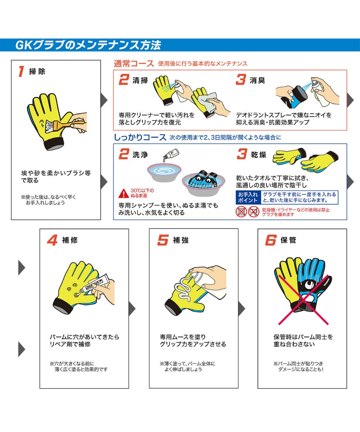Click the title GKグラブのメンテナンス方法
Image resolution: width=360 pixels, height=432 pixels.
point(88,45)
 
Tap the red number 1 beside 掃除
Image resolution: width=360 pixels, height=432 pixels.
point(21,71)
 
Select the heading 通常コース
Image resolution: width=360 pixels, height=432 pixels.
point(134,64)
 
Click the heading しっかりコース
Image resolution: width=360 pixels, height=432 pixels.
point(140,137)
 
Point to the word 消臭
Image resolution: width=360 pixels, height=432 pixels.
point(257,80)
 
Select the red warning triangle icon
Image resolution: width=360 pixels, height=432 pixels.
point(124,193)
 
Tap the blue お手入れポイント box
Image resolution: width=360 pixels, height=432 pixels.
point(248,197)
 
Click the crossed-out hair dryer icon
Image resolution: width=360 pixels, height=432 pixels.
point(254,211)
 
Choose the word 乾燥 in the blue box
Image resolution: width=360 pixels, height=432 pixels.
point(258,155)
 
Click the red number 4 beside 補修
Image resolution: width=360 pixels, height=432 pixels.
point(52,240)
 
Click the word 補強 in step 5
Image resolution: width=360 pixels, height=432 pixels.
point(181,240)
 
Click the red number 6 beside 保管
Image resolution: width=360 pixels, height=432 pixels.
point(271,240)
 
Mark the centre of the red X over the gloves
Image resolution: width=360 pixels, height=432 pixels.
point(304,299)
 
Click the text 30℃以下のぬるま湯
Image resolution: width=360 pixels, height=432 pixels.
point(142,193)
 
